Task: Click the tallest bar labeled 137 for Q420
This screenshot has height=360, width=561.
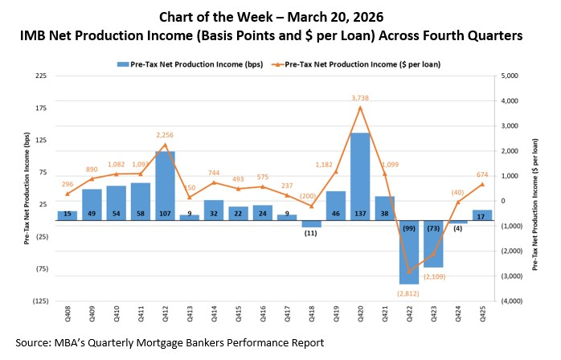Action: (359, 177)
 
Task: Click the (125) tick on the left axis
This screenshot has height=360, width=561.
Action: (39, 301)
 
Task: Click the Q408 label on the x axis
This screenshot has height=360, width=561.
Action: (68, 318)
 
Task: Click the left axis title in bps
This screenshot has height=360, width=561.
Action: (27, 189)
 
